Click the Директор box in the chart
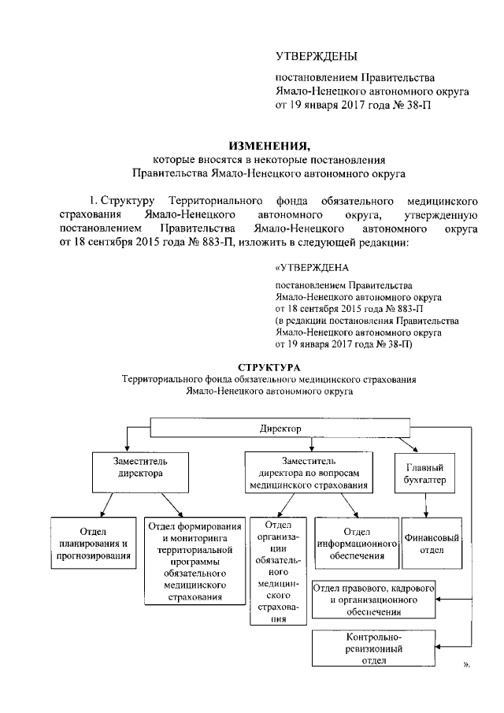click(280, 428)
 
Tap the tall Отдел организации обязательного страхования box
click(279, 570)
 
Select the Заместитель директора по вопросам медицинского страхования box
click(307, 473)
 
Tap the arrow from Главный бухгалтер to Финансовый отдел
click(426, 505)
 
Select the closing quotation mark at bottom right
click(465, 664)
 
